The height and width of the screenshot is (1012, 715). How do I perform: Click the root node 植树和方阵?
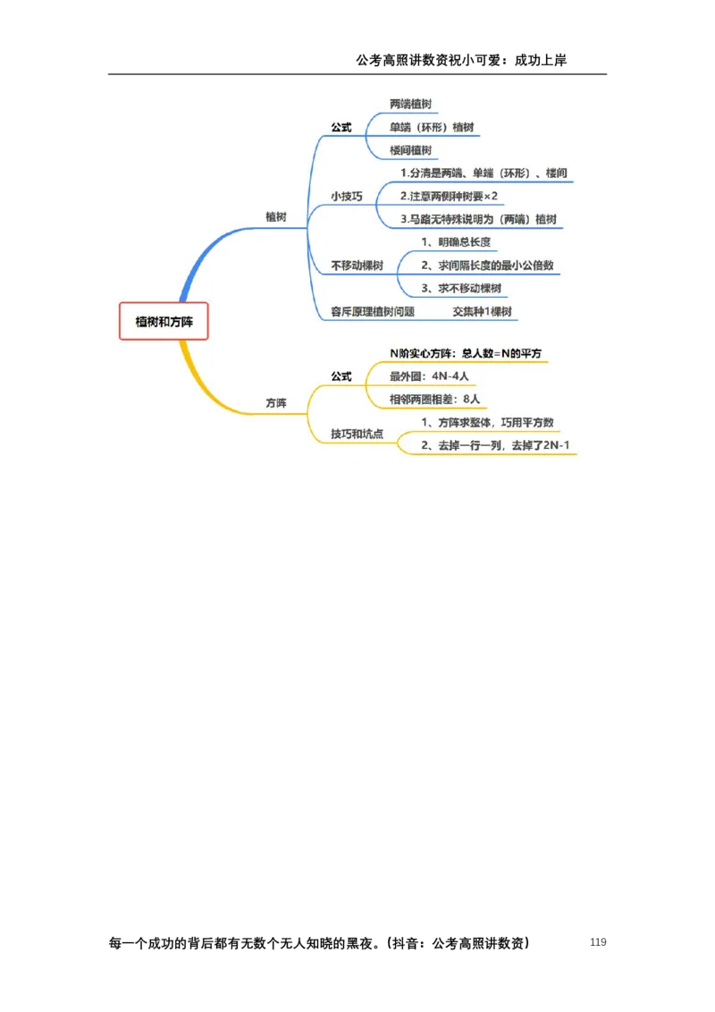tap(164, 321)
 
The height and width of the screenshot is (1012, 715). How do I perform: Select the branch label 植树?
tap(276, 217)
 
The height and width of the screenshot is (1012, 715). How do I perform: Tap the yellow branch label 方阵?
tap(276, 404)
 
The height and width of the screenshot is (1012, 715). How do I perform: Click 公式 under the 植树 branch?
tap(341, 127)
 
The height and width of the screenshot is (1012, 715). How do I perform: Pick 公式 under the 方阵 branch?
tap(341, 376)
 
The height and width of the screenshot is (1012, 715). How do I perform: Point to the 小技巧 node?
tap(347, 196)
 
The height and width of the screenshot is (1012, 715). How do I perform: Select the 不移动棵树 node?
tap(357, 266)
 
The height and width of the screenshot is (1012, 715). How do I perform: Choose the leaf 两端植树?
tap(410, 105)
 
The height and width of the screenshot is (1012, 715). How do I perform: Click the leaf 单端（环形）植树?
tap(432, 127)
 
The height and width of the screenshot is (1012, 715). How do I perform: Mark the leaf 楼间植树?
tap(410, 150)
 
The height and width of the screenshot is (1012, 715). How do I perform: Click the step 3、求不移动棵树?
tap(461, 288)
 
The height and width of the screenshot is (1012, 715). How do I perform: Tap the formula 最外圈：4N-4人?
tap(429, 376)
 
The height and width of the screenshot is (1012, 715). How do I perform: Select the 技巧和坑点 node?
tap(357, 434)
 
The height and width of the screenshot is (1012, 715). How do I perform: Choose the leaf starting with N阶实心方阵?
tap(465, 353)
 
